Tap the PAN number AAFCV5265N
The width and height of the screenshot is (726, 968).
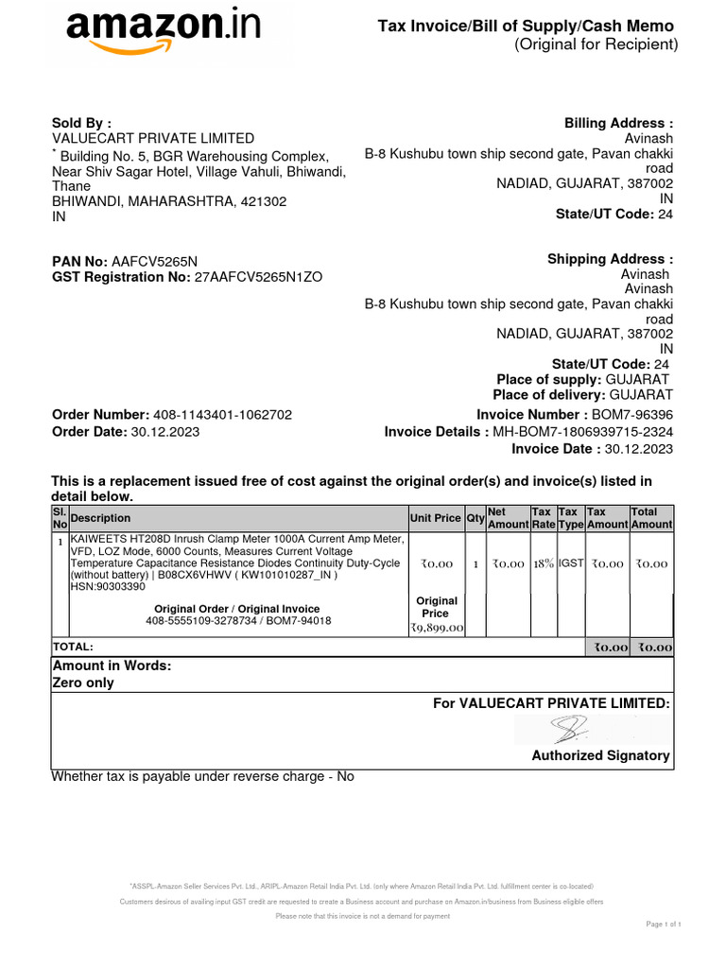coord(155,261)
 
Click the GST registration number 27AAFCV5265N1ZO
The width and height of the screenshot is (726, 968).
coord(258,277)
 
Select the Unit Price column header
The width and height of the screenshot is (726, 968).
coord(435,518)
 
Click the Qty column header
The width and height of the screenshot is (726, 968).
coord(475,518)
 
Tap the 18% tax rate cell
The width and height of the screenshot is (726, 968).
coord(543,563)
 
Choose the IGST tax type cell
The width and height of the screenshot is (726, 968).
coord(571,563)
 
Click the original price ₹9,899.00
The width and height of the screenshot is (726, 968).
coord(436,627)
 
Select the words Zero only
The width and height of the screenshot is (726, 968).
coord(82,683)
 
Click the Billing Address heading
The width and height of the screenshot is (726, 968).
coord(618,123)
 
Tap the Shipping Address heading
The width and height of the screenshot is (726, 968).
coord(610,259)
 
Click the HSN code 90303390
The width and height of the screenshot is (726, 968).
coord(108,586)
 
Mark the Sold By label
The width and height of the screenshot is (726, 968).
coord(80,123)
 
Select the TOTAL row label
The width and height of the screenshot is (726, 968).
coord(74,647)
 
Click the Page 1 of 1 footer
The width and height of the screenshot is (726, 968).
coord(663,923)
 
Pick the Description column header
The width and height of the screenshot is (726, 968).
coord(101,518)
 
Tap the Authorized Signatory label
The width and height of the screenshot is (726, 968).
coord(600,755)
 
